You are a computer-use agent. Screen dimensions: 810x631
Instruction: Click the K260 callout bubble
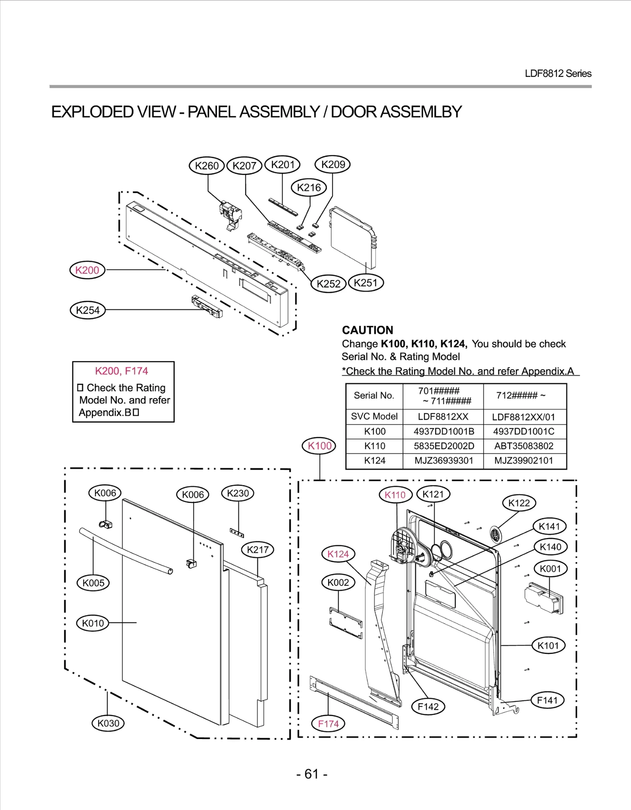[207, 166]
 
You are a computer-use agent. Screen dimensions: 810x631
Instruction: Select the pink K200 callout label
[87, 270]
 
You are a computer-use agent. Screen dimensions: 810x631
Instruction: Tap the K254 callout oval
[88, 310]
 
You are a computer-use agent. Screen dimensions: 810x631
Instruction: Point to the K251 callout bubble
[366, 283]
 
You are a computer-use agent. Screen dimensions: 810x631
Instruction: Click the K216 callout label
[309, 188]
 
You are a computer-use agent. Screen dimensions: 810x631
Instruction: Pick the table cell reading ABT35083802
[524, 446]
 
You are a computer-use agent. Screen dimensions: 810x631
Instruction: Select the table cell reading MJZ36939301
[444, 460]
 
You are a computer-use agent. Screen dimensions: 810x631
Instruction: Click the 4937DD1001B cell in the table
[444, 431]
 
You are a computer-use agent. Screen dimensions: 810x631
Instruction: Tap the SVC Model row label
[374, 416]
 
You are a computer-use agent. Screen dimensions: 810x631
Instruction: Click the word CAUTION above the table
[368, 330]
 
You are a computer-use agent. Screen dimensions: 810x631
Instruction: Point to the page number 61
[312, 774]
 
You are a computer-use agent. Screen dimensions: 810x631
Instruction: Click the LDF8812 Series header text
[558, 74]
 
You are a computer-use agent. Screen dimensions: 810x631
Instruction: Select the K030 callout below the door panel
[108, 723]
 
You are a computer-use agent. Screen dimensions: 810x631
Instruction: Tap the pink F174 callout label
[328, 724]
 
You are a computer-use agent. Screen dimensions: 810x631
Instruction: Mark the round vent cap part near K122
[495, 535]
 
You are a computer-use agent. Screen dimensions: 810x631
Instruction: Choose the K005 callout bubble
[93, 583]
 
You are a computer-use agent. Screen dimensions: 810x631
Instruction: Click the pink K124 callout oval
[338, 554]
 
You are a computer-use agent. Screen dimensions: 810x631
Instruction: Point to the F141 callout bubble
[547, 700]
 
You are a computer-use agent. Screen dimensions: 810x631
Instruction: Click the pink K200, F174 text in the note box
[121, 371]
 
